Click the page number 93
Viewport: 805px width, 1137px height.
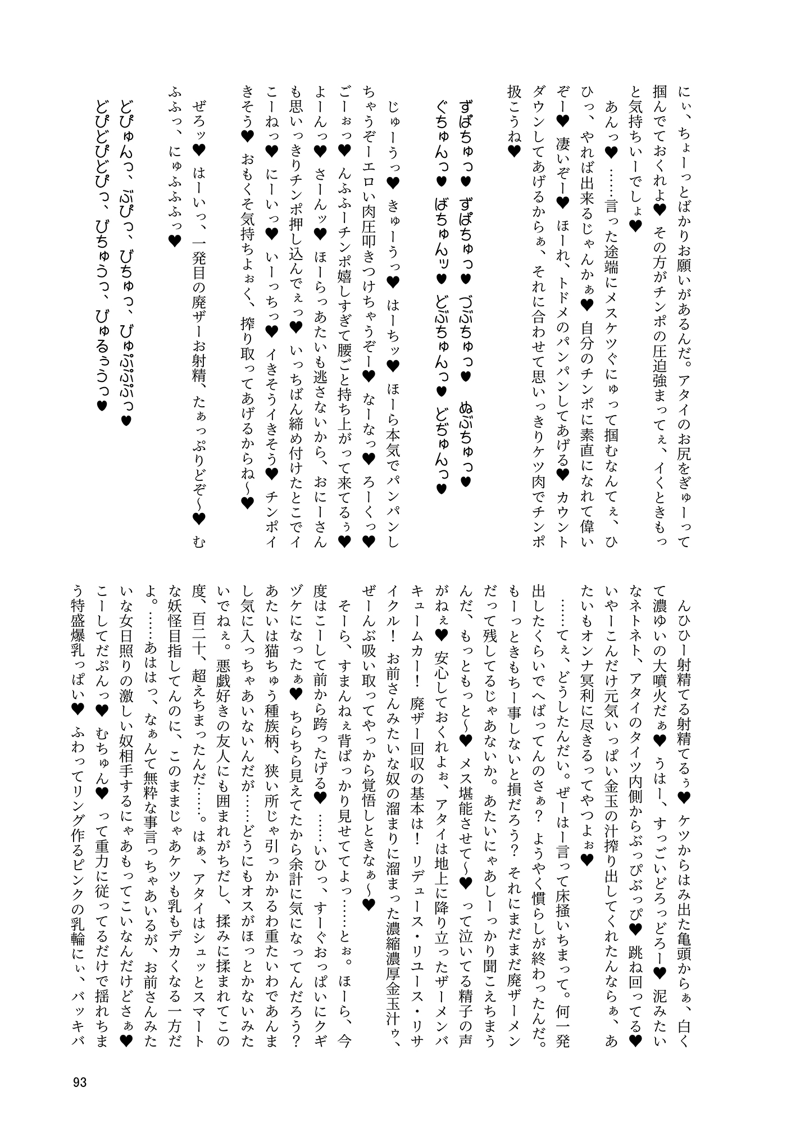(x=79, y=1082)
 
